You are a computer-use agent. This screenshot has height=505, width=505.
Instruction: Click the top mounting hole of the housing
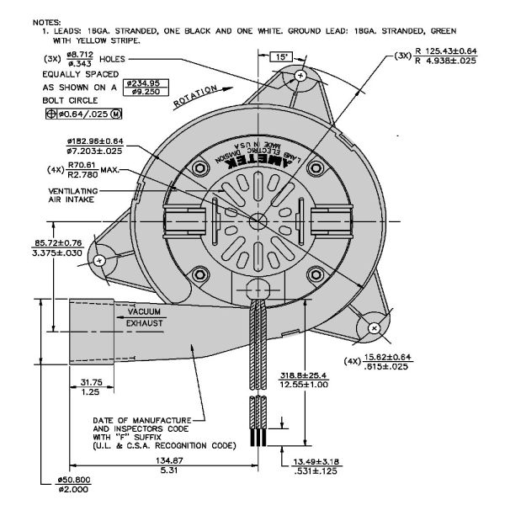click(x=300, y=76)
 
